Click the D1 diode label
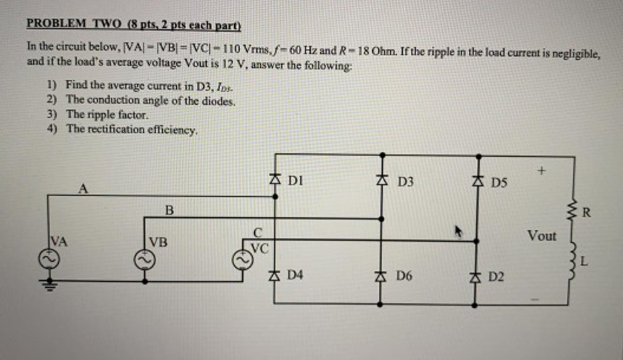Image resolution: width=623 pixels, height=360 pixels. click(x=295, y=179)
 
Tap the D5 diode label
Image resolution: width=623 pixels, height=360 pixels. click(x=498, y=181)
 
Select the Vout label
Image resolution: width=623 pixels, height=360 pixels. click(x=541, y=236)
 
